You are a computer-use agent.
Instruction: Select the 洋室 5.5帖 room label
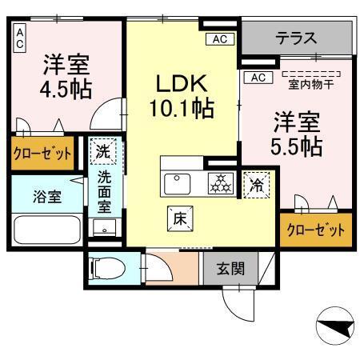[298, 134]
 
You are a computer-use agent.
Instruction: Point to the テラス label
[297, 38]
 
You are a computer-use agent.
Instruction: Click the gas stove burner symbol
[218, 182]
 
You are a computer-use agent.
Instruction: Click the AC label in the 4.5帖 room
[19, 38]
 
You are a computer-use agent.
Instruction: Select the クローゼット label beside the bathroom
[41, 154]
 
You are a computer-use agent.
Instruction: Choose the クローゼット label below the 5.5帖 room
[316, 229]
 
